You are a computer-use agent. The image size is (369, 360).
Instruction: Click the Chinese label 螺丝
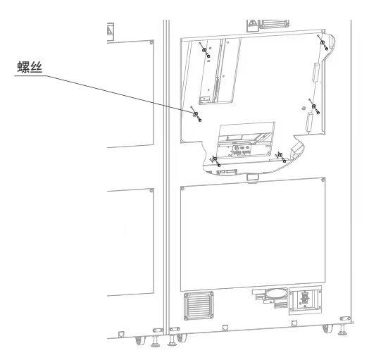[30, 67]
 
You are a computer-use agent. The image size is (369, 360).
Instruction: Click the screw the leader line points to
[196, 114]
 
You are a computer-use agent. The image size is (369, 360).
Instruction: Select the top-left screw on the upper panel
[204, 50]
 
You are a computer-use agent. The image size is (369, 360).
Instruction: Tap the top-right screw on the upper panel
[323, 42]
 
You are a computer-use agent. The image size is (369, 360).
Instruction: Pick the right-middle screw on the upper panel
[313, 106]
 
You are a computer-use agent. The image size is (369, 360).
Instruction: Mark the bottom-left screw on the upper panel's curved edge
[215, 159]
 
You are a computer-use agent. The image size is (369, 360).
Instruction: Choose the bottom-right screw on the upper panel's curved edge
[280, 155]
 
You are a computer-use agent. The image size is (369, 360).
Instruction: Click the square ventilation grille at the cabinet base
[199, 306]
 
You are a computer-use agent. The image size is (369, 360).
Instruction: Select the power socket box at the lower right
[305, 300]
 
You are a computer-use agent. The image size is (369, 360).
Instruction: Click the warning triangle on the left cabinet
[110, 30]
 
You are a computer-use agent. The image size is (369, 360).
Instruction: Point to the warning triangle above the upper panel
[253, 23]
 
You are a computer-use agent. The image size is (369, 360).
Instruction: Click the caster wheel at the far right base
[327, 328]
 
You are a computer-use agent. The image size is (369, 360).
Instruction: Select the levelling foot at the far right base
[343, 326]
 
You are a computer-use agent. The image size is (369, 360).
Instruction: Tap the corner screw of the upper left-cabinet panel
[151, 42]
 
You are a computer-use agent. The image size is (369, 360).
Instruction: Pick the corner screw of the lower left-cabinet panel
[151, 190]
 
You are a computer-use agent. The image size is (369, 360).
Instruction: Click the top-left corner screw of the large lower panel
[182, 189]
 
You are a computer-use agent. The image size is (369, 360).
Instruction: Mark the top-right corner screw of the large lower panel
[323, 180]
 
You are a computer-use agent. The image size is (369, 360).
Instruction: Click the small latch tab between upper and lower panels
[253, 178]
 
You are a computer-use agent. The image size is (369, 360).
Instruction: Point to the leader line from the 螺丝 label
[104, 94]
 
